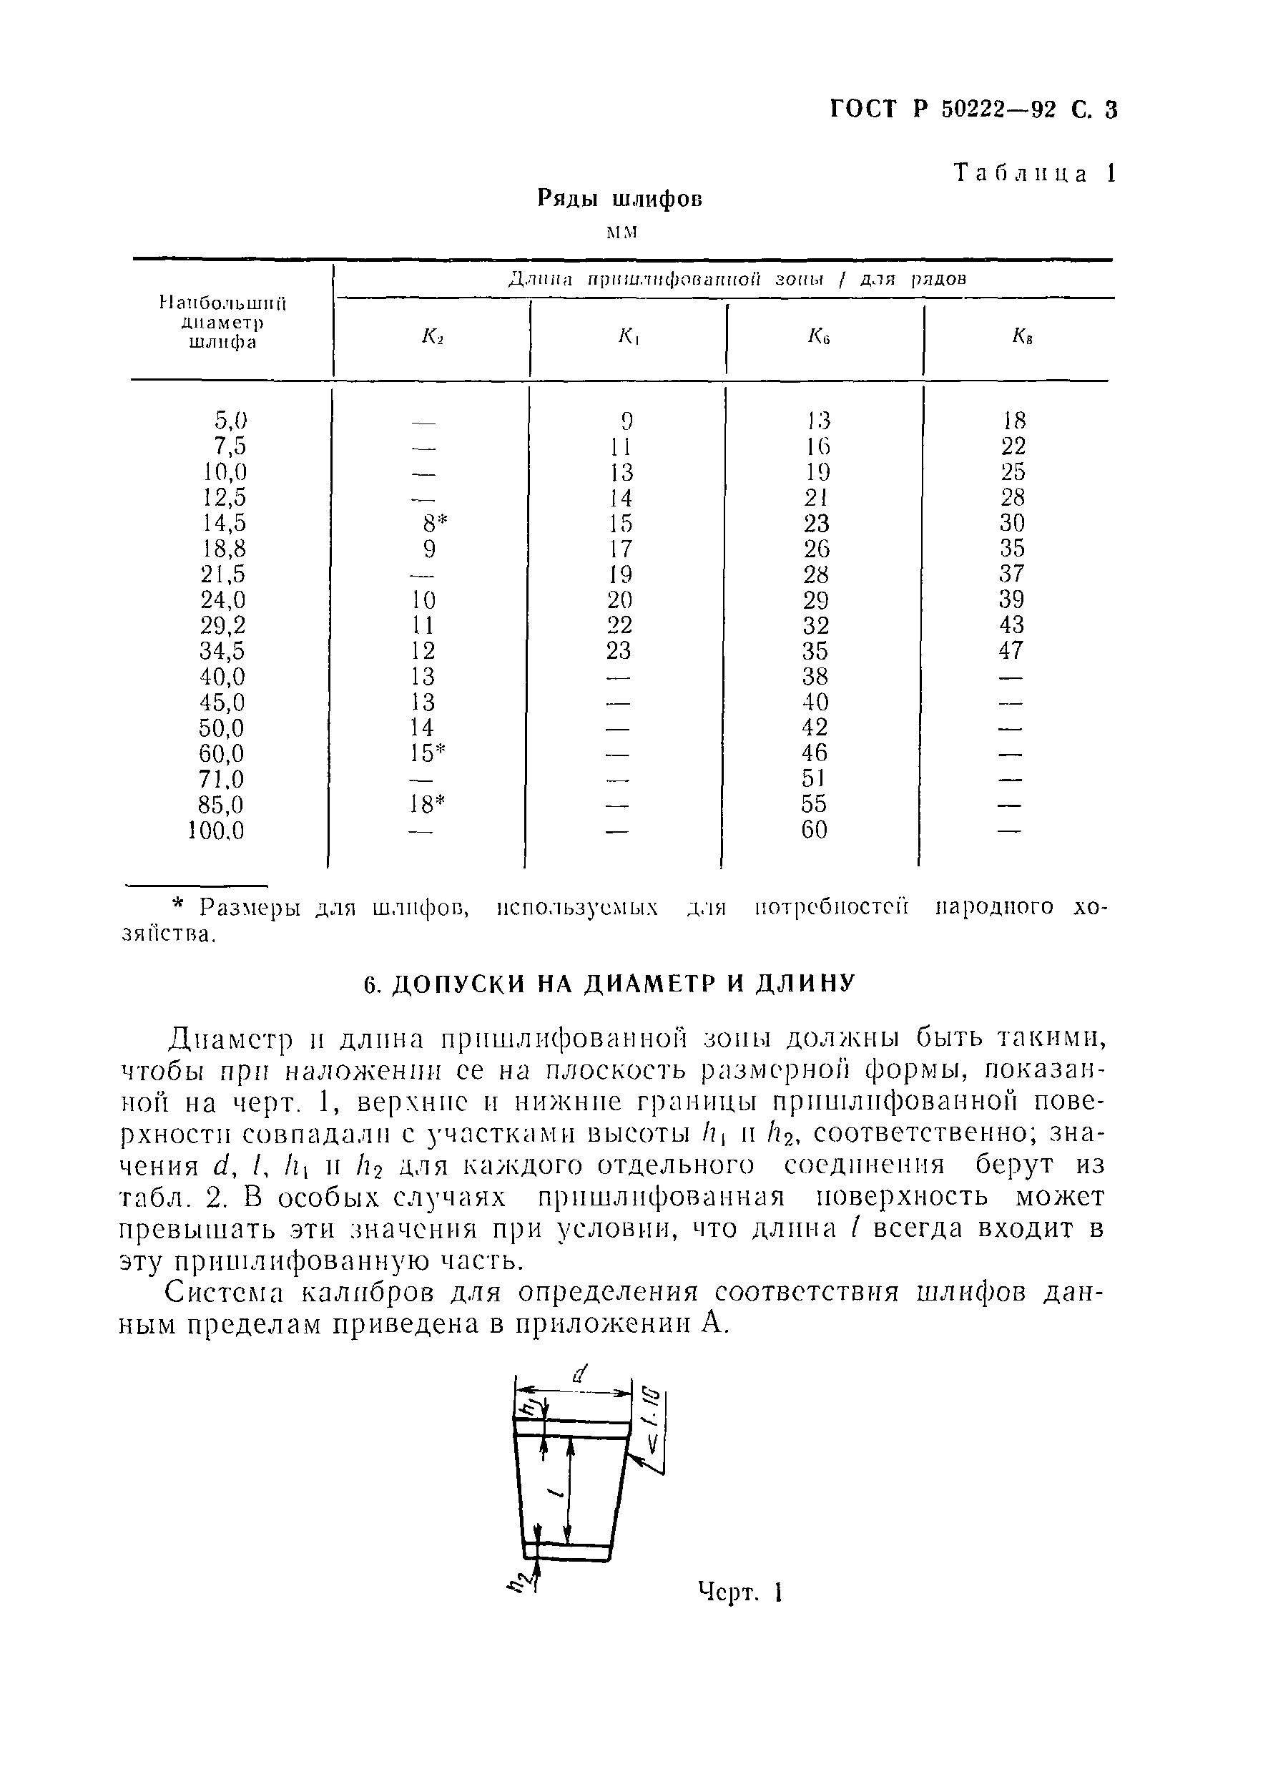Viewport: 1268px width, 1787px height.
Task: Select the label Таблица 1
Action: coord(1036,173)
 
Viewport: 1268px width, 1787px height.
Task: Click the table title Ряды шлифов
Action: coord(620,199)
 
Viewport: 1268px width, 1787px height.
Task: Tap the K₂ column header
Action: coord(433,337)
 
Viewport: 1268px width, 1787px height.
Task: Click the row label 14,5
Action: coord(225,523)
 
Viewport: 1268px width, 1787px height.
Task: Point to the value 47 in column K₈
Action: coord(1011,650)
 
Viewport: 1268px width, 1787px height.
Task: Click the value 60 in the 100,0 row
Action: coord(814,829)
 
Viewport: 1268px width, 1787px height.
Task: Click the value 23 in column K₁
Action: coord(619,650)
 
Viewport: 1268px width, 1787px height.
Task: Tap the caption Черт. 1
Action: coord(739,1592)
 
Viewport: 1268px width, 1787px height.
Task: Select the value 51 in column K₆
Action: coord(814,779)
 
